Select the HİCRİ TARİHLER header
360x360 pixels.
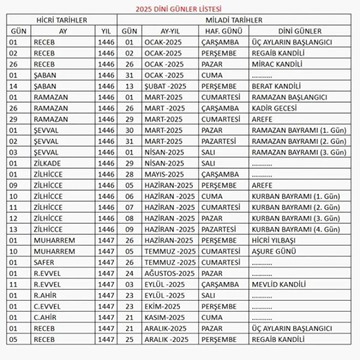61,20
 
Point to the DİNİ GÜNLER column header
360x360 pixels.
299,31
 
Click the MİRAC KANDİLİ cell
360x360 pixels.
277,64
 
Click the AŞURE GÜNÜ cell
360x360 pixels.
274,251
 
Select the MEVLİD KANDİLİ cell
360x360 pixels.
279,284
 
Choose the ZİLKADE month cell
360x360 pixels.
47,163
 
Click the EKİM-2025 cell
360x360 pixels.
163,306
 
